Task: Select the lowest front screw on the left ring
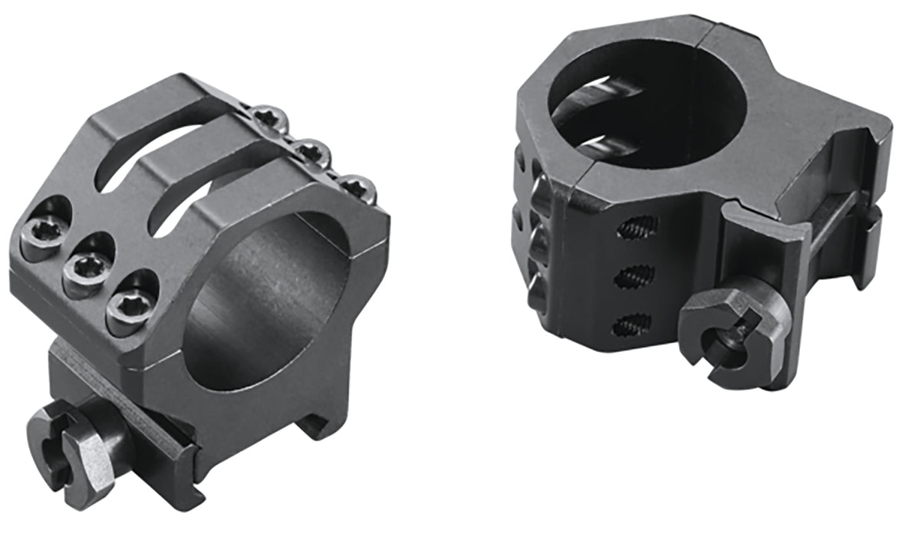pyautogui.click(x=125, y=308)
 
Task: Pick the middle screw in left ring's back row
pyautogui.click(x=311, y=148)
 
